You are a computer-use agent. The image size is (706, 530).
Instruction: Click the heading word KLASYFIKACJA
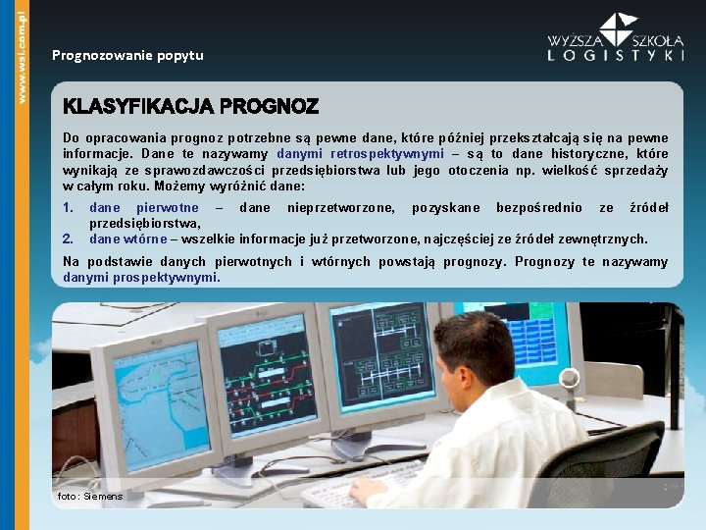click(x=138, y=105)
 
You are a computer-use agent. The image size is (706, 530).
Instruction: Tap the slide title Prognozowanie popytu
click(x=127, y=55)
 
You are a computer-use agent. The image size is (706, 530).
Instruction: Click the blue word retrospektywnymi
click(x=387, y=154)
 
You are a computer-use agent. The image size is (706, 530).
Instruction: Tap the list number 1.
click(x=68, y=208)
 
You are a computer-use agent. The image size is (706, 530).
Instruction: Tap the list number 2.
click(x=68, y=238)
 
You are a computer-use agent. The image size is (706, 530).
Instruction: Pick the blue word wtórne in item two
click(x=145, y=238)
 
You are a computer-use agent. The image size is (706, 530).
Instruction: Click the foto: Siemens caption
click(x=90, y=497)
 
